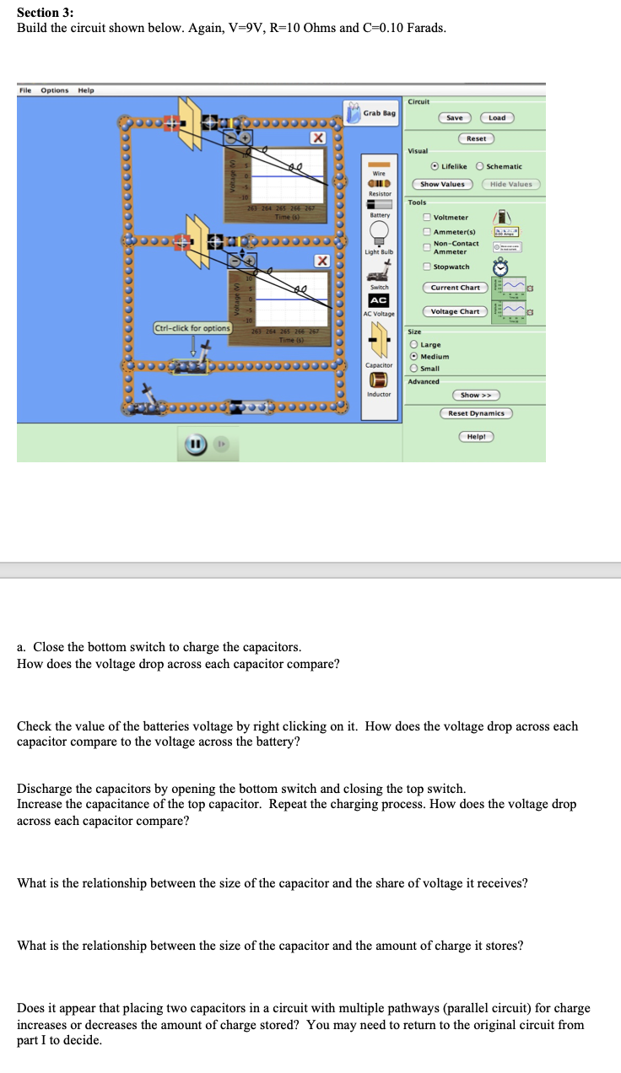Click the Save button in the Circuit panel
(455, 117)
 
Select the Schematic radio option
(481, 166)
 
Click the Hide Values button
(510, 184)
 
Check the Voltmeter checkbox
(428, 217)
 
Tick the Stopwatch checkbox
(428, 267)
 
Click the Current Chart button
(455, 288)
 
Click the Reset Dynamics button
(476, 412)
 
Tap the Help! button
(476, 436)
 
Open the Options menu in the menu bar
(55, 90)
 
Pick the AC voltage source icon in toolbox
(379, 300)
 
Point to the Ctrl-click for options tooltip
(192, 327)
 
